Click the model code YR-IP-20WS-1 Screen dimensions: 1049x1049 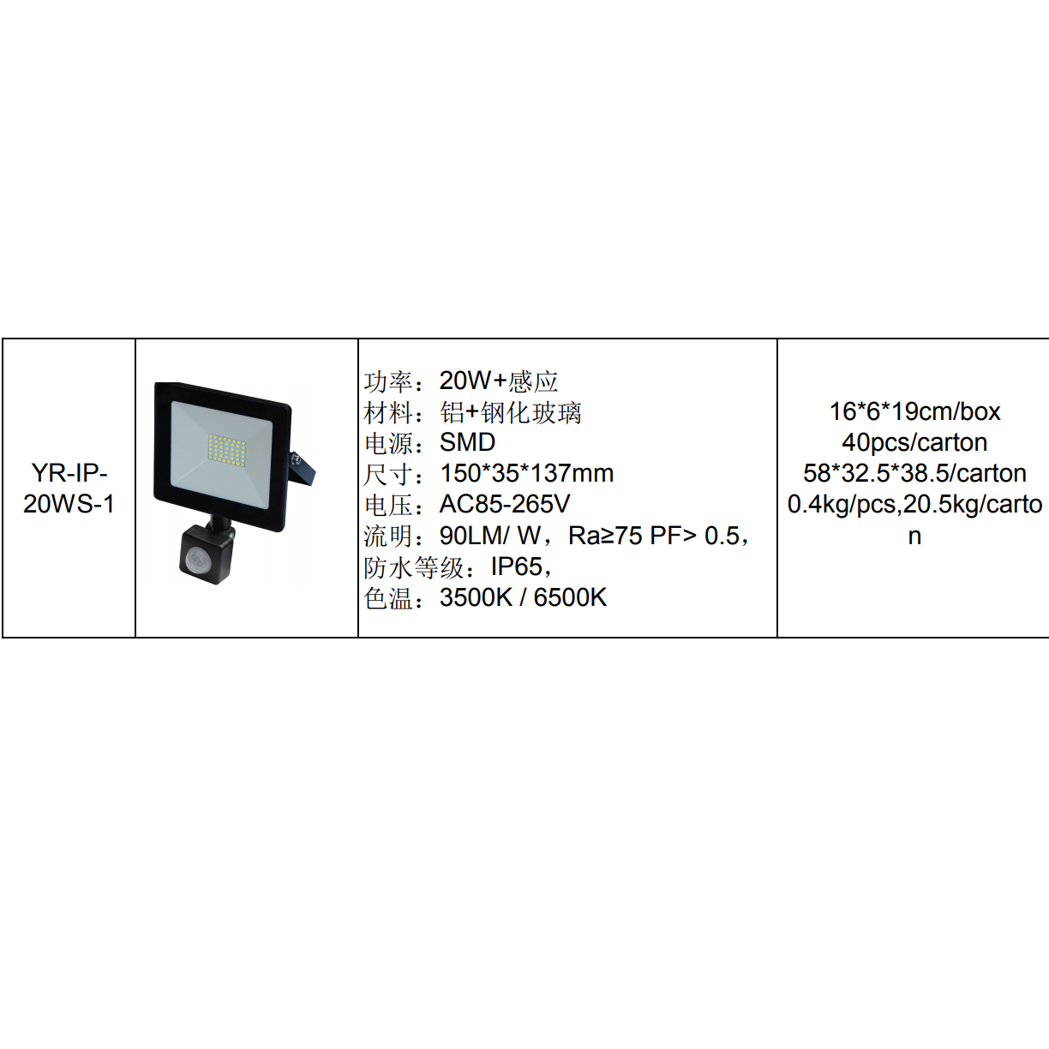[69, 489]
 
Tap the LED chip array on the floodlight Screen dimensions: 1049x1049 [227, 448]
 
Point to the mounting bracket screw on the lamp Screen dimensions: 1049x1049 [296, 459]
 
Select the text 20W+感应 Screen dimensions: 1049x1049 [499, 381]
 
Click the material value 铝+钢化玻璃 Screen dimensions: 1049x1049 [511, 412]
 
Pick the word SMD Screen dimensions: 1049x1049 [467, 442]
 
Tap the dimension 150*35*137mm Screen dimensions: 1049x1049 [526, 473]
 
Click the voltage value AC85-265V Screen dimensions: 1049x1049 [505, 504]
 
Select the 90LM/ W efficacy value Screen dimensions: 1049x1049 [490, 536]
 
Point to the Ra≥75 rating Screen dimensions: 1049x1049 [605, 536]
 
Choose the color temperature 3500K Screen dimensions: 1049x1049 [476, 597]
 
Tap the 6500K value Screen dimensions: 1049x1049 [570, 597]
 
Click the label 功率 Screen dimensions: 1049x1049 [388, 381]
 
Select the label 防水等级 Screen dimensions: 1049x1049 [414, 567]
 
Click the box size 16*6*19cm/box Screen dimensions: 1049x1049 [914, 411]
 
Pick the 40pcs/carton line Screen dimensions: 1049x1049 [914, 442]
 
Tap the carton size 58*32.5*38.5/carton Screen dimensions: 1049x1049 [914, 473]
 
